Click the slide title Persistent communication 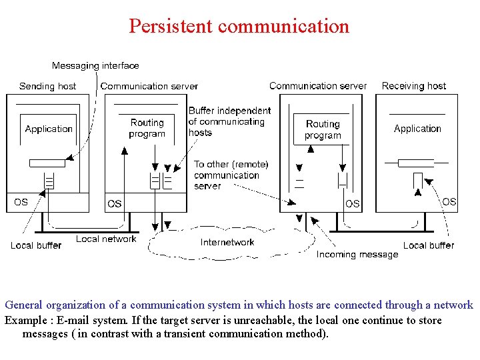click(x=239, y=26)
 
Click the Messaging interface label click(x=95, y=65)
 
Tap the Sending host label click(x=47, y=86)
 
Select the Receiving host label click(x=413, y=86)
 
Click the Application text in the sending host click(x=49, y=129)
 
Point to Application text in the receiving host click(x=417, y=129)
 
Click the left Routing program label click(x=147, y=128)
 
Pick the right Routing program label click(x=323, y=129)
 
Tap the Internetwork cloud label click(x=227, y=242)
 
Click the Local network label click(x=106, y=239)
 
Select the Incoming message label click(x=357, y=254)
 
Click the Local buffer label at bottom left click(x=35, y=245)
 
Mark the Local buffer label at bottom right click(x=429, y=245)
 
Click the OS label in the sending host click(x=21, y=201)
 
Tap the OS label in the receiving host click(x=449, y=201)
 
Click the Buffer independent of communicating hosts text click(x=229, y=121)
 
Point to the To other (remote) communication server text click(x=231, y=175)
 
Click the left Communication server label click(x=149, y=86)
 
